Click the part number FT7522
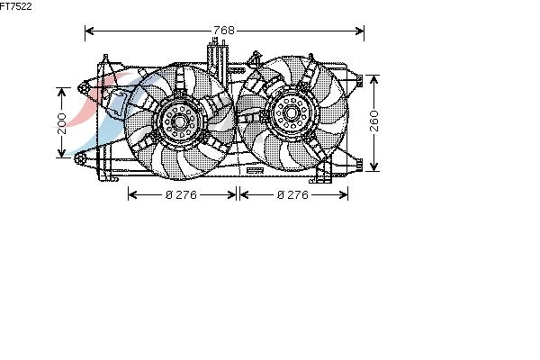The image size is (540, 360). coord(16,6)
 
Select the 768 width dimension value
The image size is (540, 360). coord(224,31)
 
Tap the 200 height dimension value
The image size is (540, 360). coord(61,123)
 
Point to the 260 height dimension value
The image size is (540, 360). coord(374,121)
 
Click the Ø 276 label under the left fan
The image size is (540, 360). coord(181,195)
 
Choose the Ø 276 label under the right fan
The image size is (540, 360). coord(292,195)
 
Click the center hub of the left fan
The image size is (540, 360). coord(179,121)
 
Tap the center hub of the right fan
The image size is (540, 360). coord(291,112)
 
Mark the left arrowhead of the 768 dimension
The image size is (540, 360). coord(89,31)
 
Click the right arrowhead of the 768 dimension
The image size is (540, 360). coord(359,31)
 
